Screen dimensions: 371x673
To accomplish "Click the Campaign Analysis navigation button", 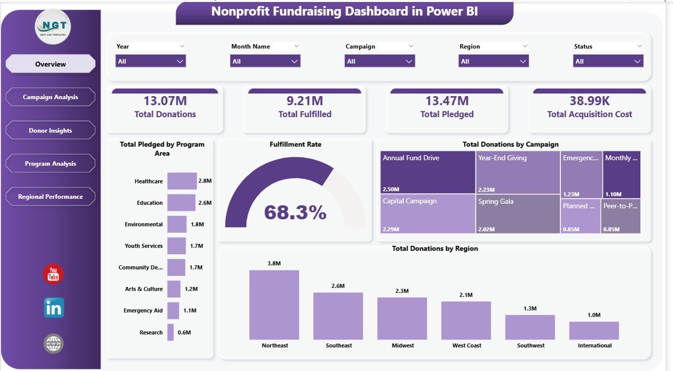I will (50, 97).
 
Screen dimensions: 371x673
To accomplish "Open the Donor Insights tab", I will (50, 130).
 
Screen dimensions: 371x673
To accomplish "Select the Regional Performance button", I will (50, 197).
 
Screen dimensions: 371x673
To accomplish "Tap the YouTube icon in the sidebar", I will (53, 274).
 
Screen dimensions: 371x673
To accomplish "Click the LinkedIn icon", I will (54, 308).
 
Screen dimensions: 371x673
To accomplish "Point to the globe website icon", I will (54, 344).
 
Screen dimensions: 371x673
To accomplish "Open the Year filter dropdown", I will (150, 61).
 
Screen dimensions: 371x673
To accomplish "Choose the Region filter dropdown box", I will (493, 61).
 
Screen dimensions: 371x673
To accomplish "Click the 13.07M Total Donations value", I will (165, 101).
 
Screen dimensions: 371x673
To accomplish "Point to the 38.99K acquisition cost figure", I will (589, 101).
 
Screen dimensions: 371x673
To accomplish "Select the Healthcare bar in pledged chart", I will (182, 181).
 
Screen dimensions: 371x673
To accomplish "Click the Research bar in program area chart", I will (170, 332).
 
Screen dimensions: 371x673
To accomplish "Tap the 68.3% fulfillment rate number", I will (295, 212).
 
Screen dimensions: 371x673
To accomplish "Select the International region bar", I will (594, 331).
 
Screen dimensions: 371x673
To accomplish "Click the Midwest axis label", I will (402, 346).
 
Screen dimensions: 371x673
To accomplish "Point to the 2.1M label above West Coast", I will (466, 295).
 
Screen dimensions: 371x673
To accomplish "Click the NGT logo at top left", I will (53, 26).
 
